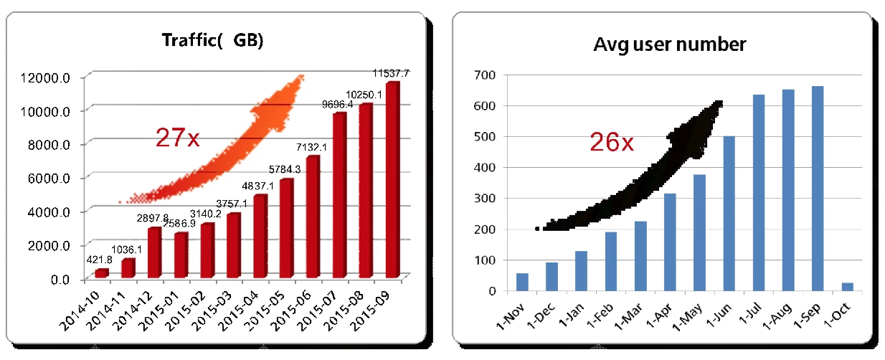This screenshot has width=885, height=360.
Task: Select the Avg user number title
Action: pyautogui.click(x=670, y=44)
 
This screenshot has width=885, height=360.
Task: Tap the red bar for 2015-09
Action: pyautogui.click(x=392, y=179)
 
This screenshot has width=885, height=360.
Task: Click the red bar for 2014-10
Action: pyautogui.click(x=101, y=273)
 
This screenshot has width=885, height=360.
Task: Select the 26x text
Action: pyautogui.click(x=611, y=143)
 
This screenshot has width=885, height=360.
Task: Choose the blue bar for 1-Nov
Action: pyautogui.click(x=522, y=282)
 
